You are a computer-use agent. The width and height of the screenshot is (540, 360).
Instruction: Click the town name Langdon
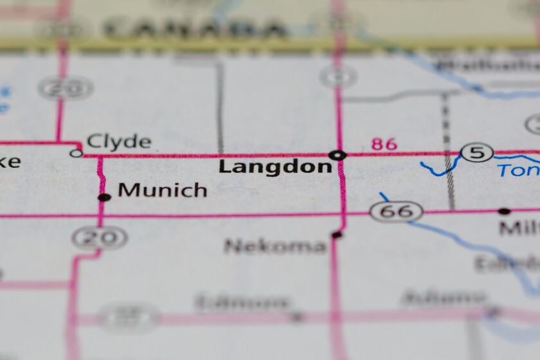click(x=275, y=167)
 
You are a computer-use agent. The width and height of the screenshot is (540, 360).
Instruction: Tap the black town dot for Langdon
click(x=337, y=155)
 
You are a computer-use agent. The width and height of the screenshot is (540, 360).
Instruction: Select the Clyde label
click(x=119, y=141)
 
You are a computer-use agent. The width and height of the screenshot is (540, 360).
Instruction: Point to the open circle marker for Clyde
click(x=76, y=153)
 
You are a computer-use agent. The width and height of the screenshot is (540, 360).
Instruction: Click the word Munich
click(x=163, y=190)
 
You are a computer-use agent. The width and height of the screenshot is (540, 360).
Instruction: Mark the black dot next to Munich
click(x=104, y=197)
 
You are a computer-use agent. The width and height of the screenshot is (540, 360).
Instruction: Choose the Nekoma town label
click(x=275, y=246)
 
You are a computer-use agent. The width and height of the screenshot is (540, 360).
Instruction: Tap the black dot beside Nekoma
click(x=336, y=235)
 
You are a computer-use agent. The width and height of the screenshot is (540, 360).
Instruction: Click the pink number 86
click(x=384, y=144)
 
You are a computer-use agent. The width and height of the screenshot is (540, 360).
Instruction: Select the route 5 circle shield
click(x=477, y=153)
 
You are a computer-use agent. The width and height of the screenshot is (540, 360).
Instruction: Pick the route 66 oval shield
click(x=396, y=211)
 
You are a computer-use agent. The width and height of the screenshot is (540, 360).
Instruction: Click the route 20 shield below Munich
click(x=99, y=238)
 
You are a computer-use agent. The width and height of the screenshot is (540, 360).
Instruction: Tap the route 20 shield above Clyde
click(x=66, y=88)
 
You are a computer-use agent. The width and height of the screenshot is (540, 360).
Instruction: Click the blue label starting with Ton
click(x=518, y=170)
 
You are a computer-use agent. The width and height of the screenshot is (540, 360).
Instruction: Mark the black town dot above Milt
click(x=505, y=211)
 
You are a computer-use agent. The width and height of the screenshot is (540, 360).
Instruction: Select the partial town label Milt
click(x=519, y=228)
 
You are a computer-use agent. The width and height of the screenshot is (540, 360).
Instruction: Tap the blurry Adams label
click(x=443, y=298)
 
